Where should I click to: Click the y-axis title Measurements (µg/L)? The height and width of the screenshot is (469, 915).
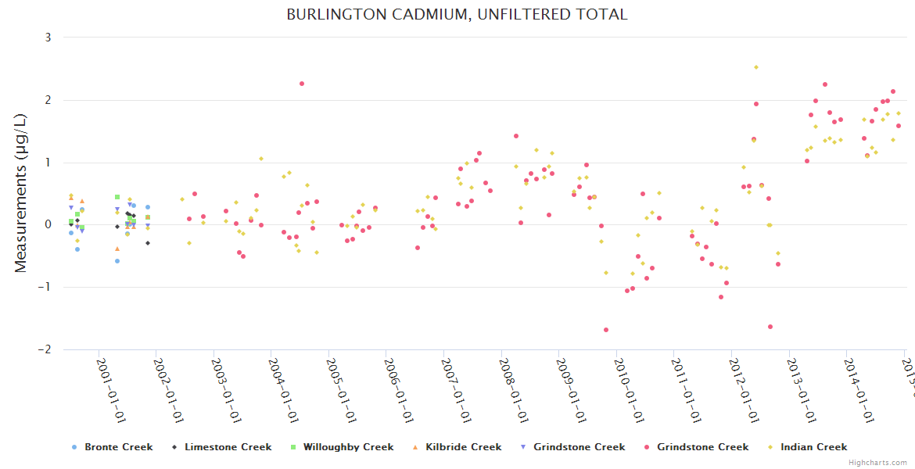[21, 194]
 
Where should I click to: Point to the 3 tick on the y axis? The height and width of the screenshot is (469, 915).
[48, 38]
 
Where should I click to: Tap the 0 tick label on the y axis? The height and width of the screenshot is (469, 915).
[48, 225]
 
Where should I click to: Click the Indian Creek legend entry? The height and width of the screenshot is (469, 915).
[814, 447]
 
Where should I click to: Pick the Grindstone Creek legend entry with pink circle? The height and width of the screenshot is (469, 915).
[702, 447]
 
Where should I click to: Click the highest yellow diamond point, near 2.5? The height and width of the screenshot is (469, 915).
[755, 67]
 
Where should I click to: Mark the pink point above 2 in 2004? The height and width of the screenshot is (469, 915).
[302, 84]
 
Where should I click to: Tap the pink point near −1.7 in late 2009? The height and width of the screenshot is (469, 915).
[606, 330]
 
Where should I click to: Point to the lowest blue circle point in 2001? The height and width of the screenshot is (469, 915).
[117, 261]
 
